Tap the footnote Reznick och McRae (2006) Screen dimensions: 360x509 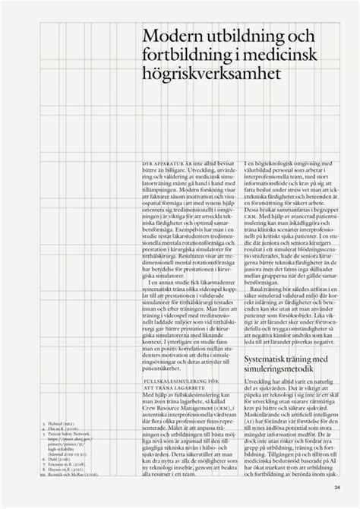(65, 472)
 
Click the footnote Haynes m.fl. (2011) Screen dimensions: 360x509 (57, 466)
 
